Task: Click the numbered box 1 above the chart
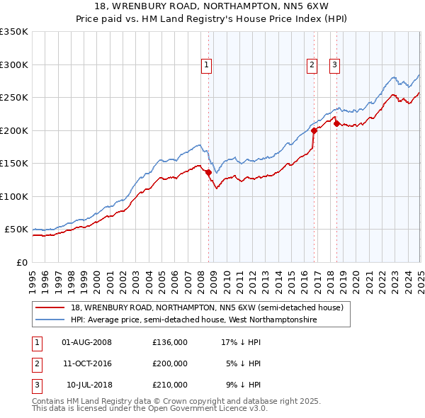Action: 206,64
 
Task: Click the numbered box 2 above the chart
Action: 312,64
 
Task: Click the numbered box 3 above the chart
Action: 334,64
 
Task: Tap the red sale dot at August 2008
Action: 209,172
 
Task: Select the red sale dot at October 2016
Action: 314,130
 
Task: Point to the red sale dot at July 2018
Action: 337,124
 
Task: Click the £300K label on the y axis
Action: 14,64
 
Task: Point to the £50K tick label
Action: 16,230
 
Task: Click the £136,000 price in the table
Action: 170,342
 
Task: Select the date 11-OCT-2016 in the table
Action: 87,363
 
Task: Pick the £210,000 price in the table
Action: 170,385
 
